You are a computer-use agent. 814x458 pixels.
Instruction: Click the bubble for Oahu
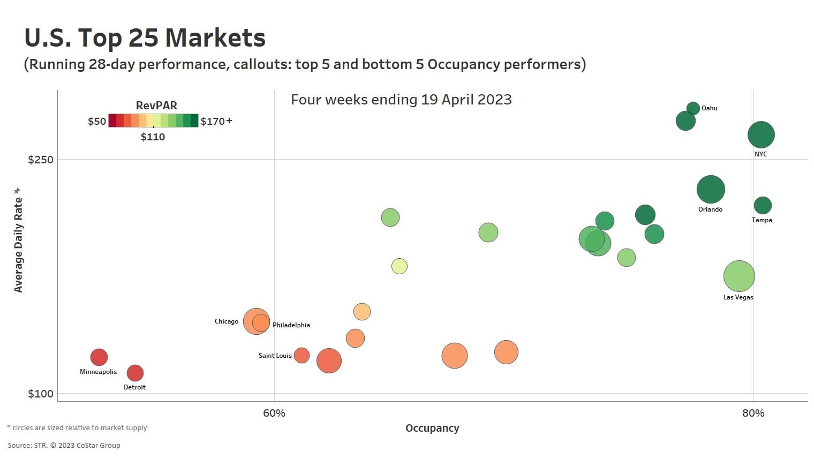(x=693, y=108)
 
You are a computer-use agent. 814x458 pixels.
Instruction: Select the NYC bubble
(x=761, y=134)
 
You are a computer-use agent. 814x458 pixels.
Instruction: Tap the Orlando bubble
(x=711, y=189)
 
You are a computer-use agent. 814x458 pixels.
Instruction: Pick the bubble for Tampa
(x=763, y=205)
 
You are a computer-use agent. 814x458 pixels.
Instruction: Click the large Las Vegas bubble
(x=739, y=276)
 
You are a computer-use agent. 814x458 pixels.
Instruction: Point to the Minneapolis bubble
(x=99, y=357)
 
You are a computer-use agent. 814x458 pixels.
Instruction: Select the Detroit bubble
(x=135, y=373)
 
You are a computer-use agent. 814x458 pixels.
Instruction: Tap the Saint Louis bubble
(x=302, y=355)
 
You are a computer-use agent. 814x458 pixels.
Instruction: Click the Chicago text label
(x=227, y=321)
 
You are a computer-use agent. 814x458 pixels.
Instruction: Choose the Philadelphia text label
(x=291, y=325)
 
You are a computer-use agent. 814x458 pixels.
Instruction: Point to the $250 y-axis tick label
(x=41, y=160)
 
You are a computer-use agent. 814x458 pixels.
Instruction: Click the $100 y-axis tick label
(x=41, y=394)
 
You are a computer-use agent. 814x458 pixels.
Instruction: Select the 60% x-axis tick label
(x=274, y=413)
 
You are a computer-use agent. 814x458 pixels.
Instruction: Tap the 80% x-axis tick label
(x=753, y=413)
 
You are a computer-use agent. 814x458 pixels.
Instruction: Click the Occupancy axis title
(x=432, y=428)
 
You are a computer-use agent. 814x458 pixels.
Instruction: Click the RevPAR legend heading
(x=156, y=106)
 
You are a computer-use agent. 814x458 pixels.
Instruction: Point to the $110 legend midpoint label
(x=153, y=137)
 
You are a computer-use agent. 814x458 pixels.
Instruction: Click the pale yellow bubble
(x=400, y=266)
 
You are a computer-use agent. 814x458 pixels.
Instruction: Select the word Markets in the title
(x=215, y=38)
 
